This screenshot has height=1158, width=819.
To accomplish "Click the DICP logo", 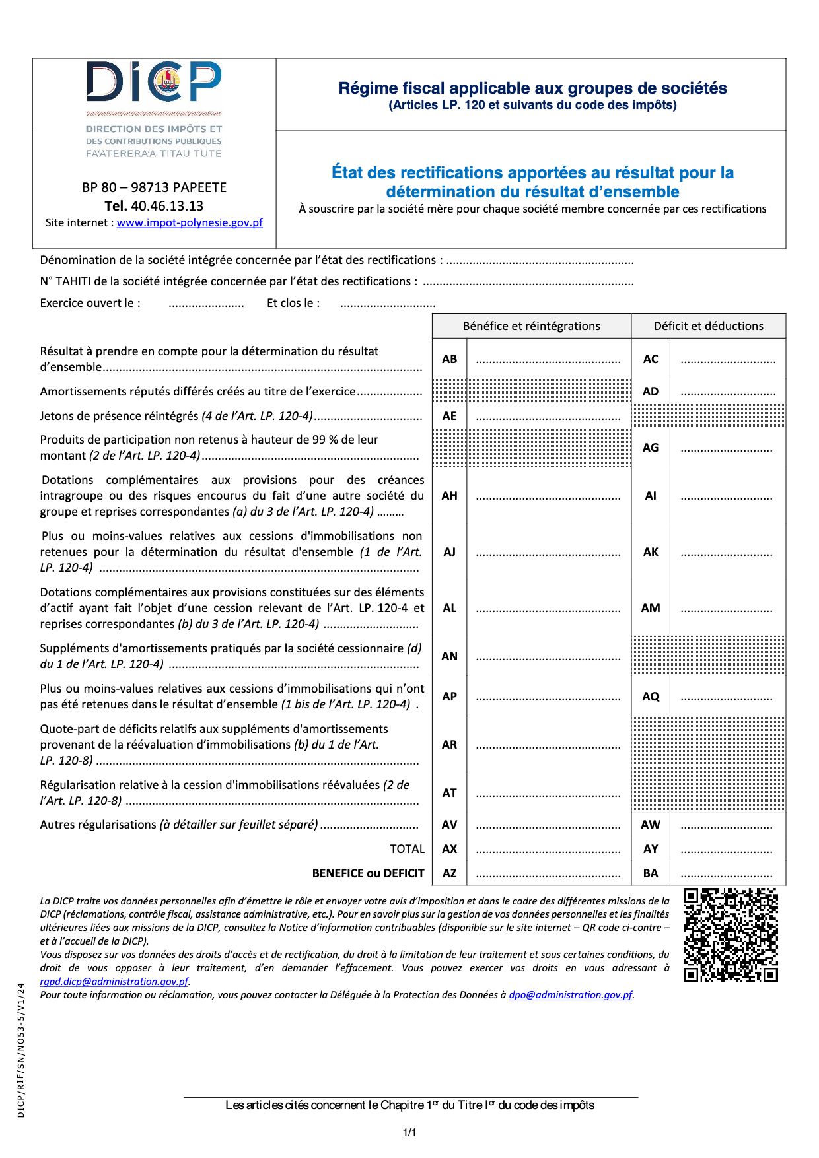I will pos(154,109).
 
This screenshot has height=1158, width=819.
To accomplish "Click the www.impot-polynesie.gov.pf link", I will pos(190,223).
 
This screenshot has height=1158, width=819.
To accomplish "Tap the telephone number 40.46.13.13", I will pos(167,206).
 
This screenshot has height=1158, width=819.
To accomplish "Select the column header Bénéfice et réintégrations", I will pos(531,326).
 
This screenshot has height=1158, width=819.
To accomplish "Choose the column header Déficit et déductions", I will pos(708,326).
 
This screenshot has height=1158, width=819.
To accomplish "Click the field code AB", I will pos(449,359).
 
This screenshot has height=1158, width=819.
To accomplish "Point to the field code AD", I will pos(651,392).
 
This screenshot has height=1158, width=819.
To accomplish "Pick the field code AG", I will pos(651,448).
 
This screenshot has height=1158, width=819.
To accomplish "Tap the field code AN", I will pos(449,656).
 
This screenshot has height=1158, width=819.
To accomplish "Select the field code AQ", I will pos(651,697).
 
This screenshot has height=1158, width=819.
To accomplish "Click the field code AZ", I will pos(449,873).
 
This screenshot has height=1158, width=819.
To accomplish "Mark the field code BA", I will pos(651,873).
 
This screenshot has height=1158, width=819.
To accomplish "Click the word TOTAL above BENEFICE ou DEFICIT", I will pos(407,849).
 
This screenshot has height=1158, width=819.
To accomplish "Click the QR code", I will pos(730,935).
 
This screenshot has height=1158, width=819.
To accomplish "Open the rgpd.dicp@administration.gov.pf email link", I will pos(114,982).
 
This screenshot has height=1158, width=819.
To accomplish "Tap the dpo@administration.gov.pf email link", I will pos(571,995).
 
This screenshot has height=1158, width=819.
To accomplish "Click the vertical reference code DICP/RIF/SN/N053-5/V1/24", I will pos(21,1050).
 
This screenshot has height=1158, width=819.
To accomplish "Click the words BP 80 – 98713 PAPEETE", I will pos(154,187).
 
